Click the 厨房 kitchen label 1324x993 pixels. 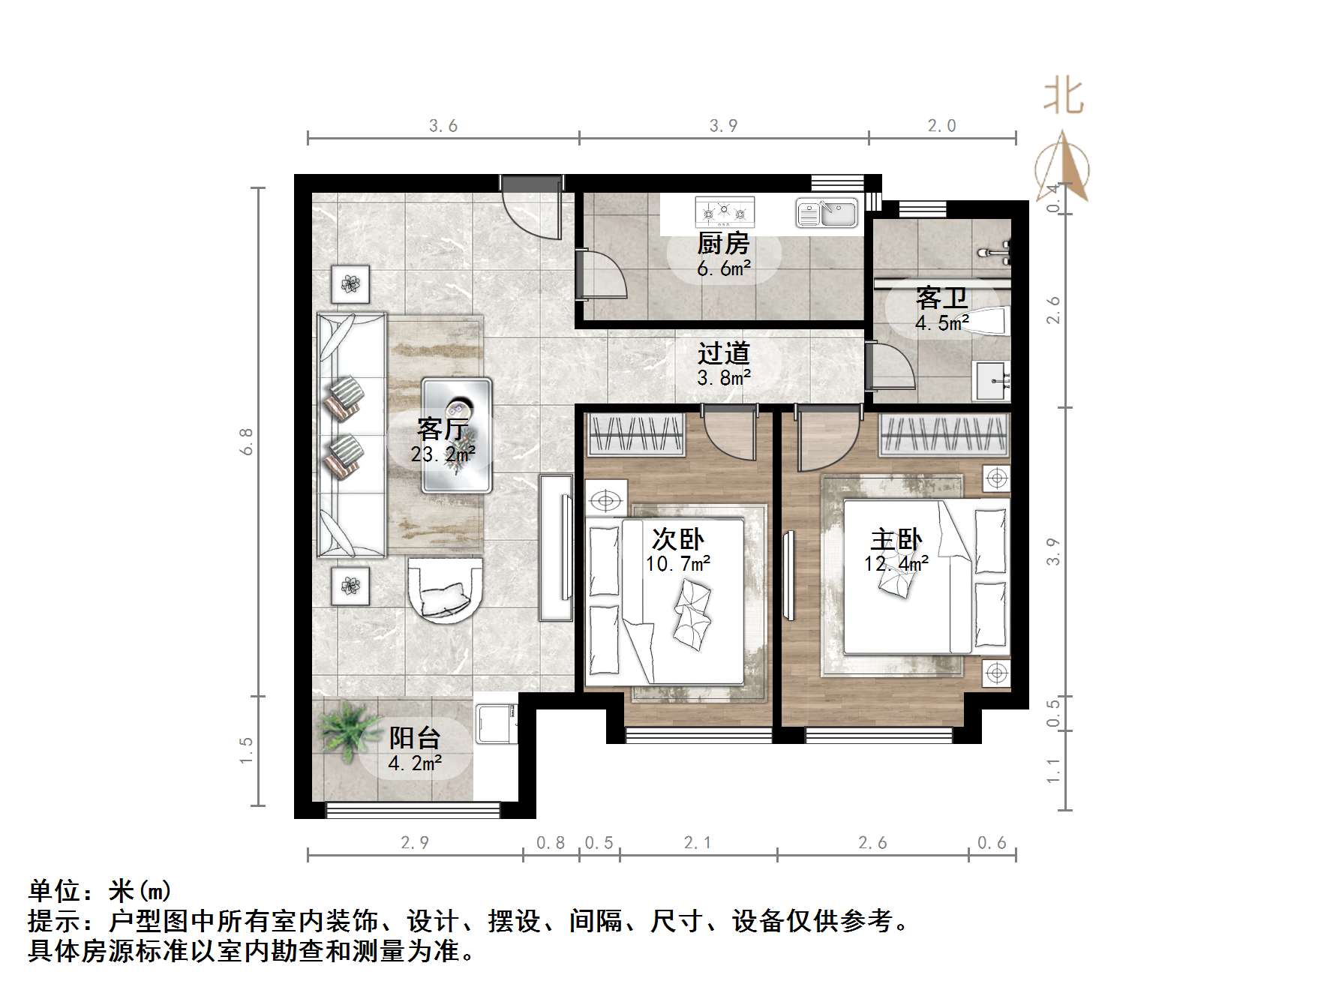tap(722, 244)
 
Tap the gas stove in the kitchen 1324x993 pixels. tap(724, 212)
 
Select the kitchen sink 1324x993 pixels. tap(827, 213)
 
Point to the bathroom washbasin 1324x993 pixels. tap(992, 380)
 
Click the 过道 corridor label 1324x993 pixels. tap(723, 353)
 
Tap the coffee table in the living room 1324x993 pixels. tap(457, 435)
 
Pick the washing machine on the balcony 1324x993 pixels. tap(497, 721)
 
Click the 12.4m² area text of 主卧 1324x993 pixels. tap(896, 563)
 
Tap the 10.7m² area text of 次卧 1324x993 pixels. tap(677, 563)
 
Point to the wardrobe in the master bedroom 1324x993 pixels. tap(944, 434)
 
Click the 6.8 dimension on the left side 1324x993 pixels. tap(247, 441)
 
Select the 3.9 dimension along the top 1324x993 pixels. tap(723, 126)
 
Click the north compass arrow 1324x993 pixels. tap(1063, 166)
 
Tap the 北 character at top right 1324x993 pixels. tap(1063, 97)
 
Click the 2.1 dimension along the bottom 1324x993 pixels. tap(697, 843)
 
